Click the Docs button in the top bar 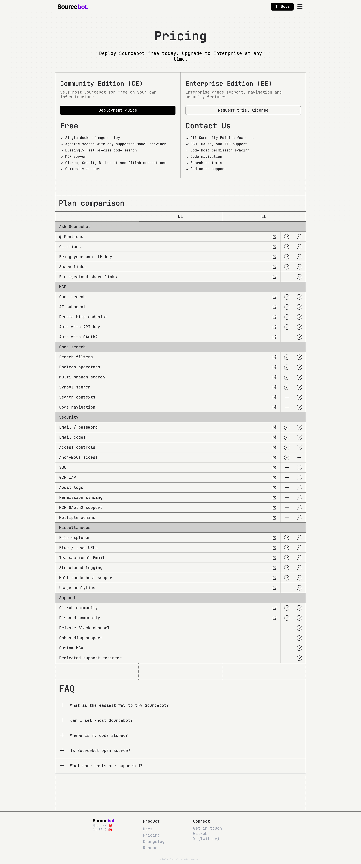[282, 7]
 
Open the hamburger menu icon [300, 7]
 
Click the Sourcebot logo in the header [73, 7]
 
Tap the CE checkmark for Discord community [287, 618]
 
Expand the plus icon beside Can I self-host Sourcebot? [62, 720]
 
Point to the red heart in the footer [110, 826]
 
